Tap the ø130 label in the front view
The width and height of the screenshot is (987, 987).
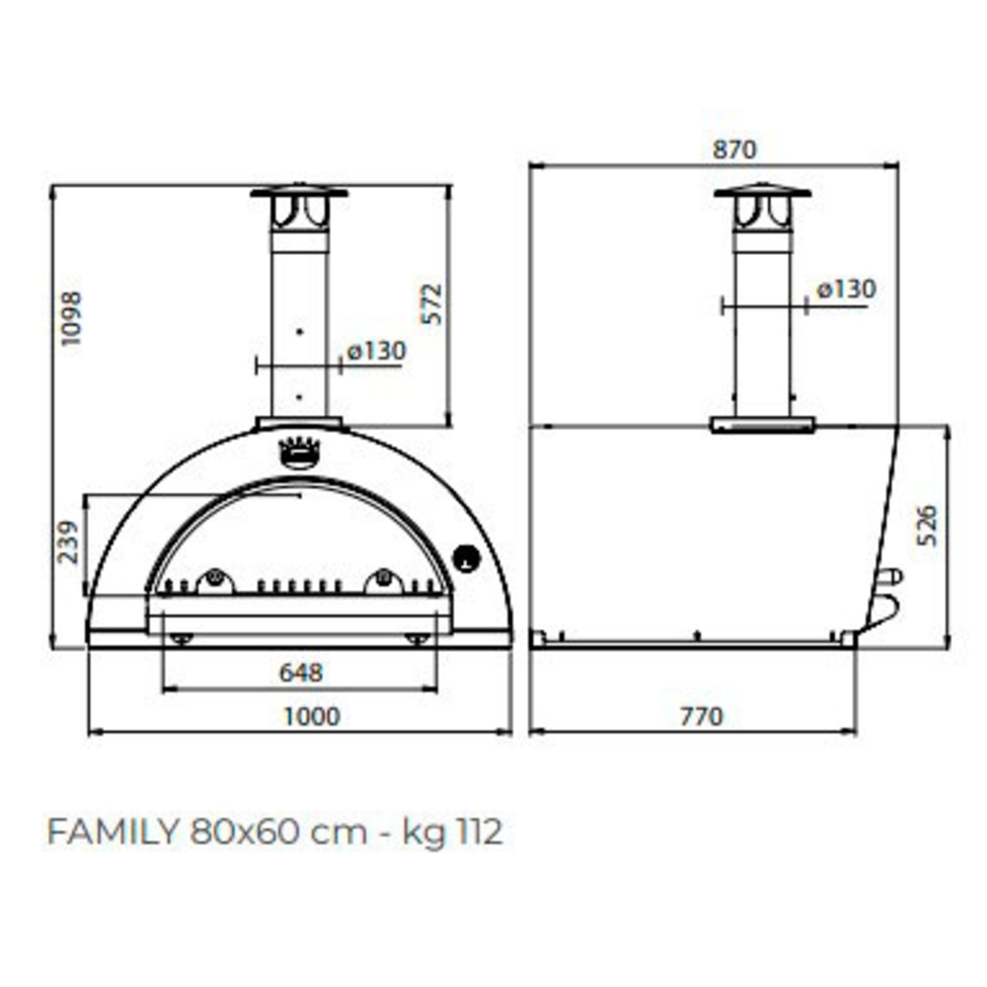point(377,351)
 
